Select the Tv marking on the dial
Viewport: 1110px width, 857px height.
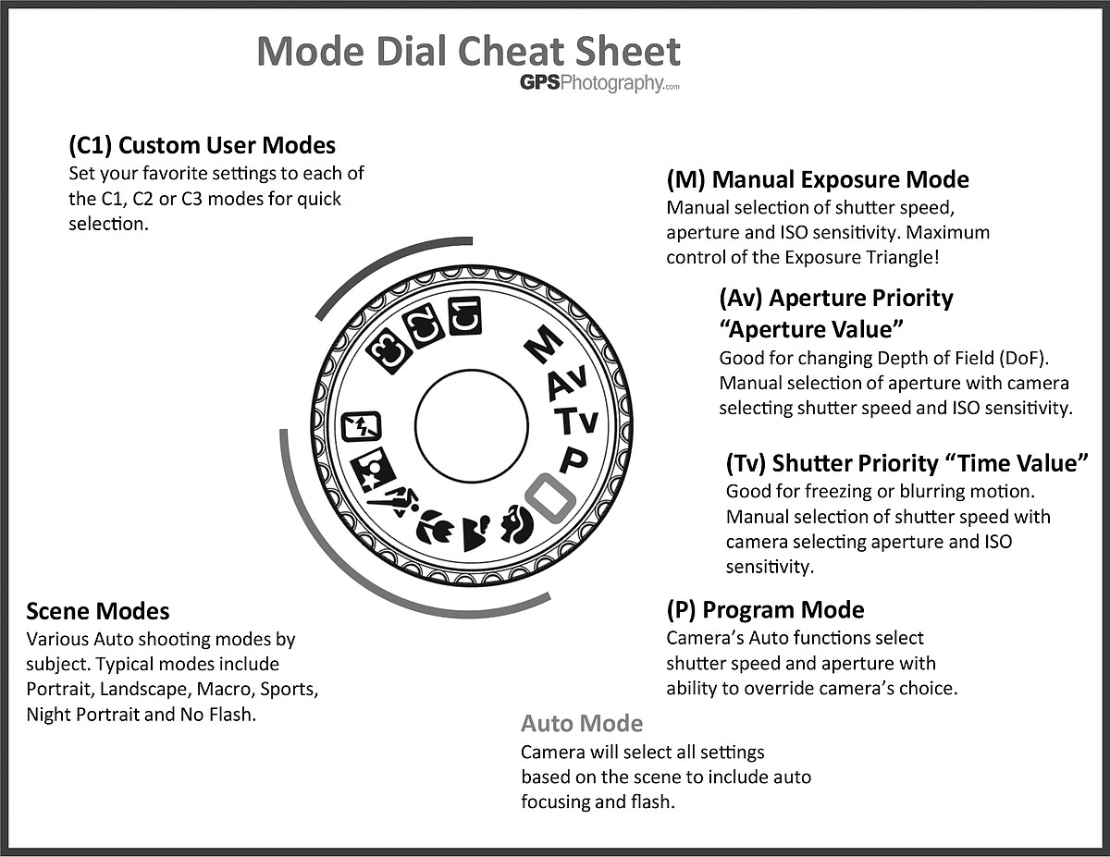[x=576, y=422]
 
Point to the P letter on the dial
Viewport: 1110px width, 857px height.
[x=573, y=459]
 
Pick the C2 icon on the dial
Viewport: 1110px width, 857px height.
[x=425, y=326]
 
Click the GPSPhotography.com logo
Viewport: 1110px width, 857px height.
[x=599, y=83]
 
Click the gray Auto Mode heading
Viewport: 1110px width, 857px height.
[x=581, y=723]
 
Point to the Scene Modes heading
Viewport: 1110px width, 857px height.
[x=98, y=611]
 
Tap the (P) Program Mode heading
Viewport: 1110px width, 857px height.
[x=765, y=610]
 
